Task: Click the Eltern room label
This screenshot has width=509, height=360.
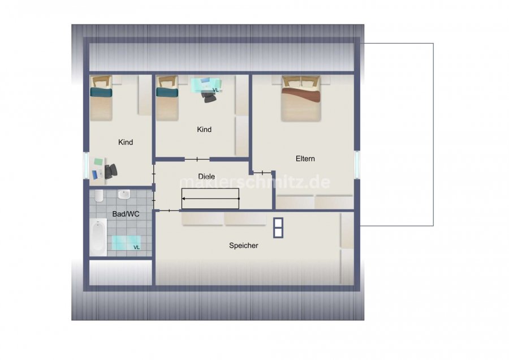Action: [x=305, y=158]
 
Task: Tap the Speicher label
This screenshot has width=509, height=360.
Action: [x=243, y=246]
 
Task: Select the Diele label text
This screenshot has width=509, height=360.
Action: [x=206, y=177]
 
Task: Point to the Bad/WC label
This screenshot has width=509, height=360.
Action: [x=126, y=214]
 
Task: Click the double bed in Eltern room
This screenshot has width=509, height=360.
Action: [x=301, y=98]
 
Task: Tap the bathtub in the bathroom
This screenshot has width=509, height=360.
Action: [x=98, y=237]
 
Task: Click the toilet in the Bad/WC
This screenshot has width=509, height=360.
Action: [x=99, y=196]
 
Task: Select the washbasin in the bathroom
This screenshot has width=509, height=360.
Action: [x=124, y=195]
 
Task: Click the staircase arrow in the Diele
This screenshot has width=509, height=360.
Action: [x=211, y=199]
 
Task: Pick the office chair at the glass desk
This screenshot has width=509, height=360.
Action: [x=209, y=96]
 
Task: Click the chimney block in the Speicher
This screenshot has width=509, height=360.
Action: [x=278, y=228]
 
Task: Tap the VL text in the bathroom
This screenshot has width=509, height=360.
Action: [x=137, y=247]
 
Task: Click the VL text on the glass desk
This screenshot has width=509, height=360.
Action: [x=215, y=90]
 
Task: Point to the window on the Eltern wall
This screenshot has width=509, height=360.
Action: [x=357, y=164]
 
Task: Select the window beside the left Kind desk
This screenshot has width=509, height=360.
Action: [x=87, y=165]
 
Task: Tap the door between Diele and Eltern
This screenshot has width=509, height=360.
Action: [x=262, y=173]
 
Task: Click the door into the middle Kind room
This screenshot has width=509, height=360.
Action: [x=197, y=159]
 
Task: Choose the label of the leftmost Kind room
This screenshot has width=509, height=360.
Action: [x=126, y=142]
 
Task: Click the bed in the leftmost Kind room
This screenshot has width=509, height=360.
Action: [x=101, y=98]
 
